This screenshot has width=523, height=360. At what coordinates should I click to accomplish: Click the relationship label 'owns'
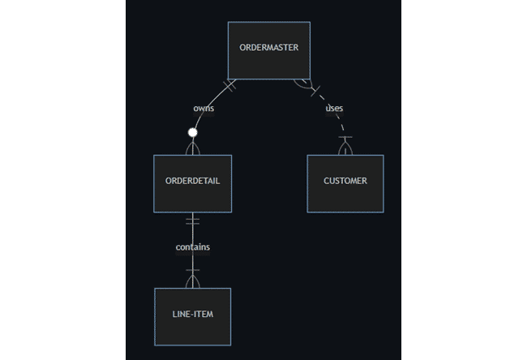204,108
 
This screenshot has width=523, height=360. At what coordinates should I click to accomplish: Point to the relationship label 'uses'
333,108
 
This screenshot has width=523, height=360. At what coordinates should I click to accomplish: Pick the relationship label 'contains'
193,246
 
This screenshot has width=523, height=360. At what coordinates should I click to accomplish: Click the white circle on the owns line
193,132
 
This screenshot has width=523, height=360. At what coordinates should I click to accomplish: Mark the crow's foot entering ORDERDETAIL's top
193,148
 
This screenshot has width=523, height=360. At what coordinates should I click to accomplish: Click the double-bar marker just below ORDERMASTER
229,84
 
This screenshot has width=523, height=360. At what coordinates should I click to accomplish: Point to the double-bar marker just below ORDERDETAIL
192,221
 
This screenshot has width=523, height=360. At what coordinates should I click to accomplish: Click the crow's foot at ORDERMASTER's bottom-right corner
303,83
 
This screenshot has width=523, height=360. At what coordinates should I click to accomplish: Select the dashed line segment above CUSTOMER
344,128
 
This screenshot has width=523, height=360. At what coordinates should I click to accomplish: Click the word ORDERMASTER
268,47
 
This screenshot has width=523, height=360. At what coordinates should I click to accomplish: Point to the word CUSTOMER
345,181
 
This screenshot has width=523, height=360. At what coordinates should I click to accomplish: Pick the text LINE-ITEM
192,313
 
